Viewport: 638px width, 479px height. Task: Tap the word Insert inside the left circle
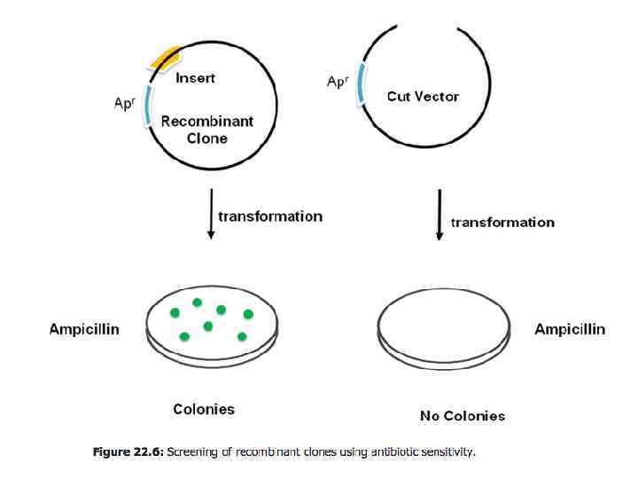click(195, 78)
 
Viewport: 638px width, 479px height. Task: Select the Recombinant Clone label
click(206, 130)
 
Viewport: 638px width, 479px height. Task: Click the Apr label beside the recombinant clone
click(125, 103)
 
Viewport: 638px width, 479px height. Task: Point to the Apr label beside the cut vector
click(337, 82)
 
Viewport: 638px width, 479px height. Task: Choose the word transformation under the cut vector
click(502, 222)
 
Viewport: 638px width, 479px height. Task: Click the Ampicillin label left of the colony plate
click(84, 329)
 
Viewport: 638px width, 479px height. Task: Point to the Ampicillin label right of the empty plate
click(570, 329)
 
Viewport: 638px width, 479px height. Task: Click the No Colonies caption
click(462, 415)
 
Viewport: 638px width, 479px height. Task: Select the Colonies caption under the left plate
click(204, 409)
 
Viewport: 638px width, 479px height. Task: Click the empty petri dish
click(444, 321)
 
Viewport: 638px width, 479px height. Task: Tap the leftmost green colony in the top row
click(175, 311)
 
